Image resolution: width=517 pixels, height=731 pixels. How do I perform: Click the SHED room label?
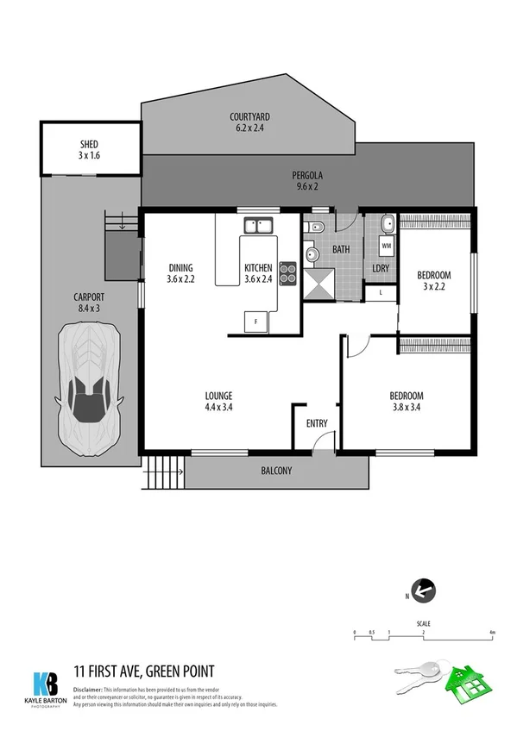tap(90, 152)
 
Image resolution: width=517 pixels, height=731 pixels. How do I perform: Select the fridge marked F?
tap(255, 322)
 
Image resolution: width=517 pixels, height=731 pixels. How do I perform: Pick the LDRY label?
tap(380, 268)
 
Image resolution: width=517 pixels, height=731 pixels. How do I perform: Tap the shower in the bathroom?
tap(320, 282)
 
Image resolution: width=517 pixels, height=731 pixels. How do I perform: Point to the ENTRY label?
tap(318, 422)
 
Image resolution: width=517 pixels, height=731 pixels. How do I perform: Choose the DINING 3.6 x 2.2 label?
tap(180, 272)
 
